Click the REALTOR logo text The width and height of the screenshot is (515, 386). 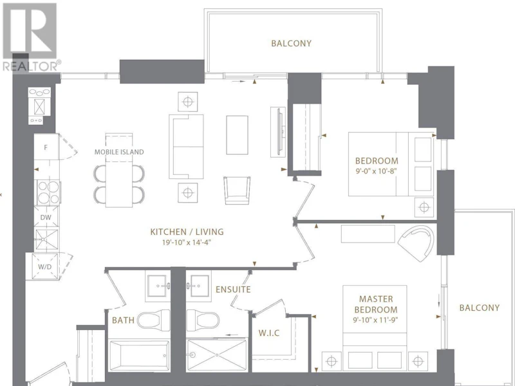pos(32,66)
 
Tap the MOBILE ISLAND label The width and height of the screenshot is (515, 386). pos(119,152)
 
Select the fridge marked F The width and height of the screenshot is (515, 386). pos(46,147)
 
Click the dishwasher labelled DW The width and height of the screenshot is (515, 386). pos(46,217)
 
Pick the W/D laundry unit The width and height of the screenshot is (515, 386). pos(45,266)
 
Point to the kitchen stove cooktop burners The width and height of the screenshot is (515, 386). pos(48,192)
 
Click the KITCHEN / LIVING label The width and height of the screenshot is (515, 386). pos(187,232)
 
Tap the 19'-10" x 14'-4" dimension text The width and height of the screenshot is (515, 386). pos(186,243)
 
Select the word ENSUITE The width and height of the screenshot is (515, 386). pos(233,289)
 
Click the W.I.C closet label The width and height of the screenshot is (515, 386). pos(269,333)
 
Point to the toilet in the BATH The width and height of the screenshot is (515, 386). pos(153,320)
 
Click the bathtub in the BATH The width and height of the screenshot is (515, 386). pos(139,356)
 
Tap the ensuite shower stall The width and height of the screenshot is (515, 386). pos(216,356)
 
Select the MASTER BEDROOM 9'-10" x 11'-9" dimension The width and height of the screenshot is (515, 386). pos(375,320)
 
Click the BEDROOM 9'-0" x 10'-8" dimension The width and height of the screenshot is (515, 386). pos(377,171)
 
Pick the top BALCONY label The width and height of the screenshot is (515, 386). pos(292,43)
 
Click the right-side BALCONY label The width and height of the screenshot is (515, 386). pos(479,308)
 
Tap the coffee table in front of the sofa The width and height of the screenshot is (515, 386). pos(237,135)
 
